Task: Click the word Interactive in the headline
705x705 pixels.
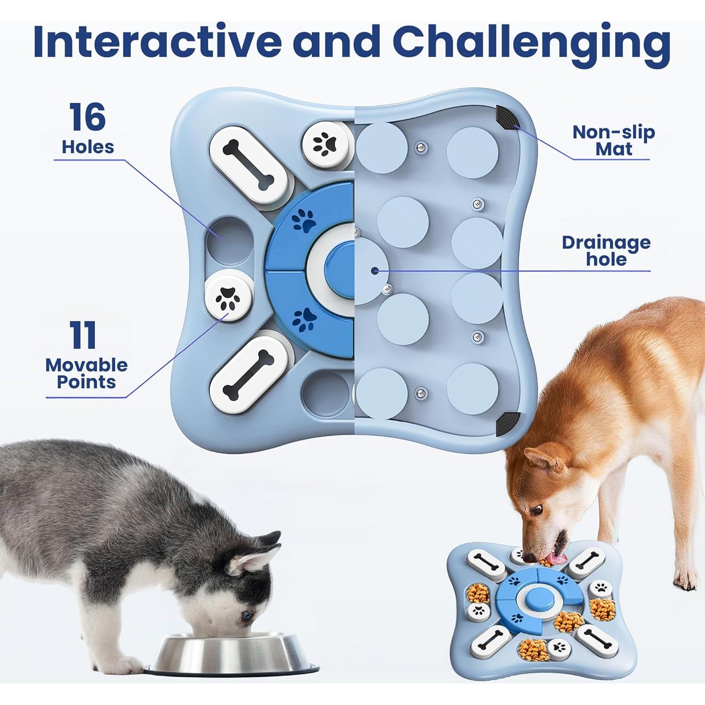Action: pyautogui.click(x=157, y=42)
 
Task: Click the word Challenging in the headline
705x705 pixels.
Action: pyautogui.click(x=531, y=42)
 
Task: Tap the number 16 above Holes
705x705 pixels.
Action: pyautogui.click(x=87, y=117)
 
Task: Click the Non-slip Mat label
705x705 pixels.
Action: pyautogui.click(x=613, y=141)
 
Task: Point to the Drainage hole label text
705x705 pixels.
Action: pyautogui.click(x=606, y=251)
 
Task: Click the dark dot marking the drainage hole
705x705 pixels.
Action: pyautogui.click(x=375, y=270)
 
